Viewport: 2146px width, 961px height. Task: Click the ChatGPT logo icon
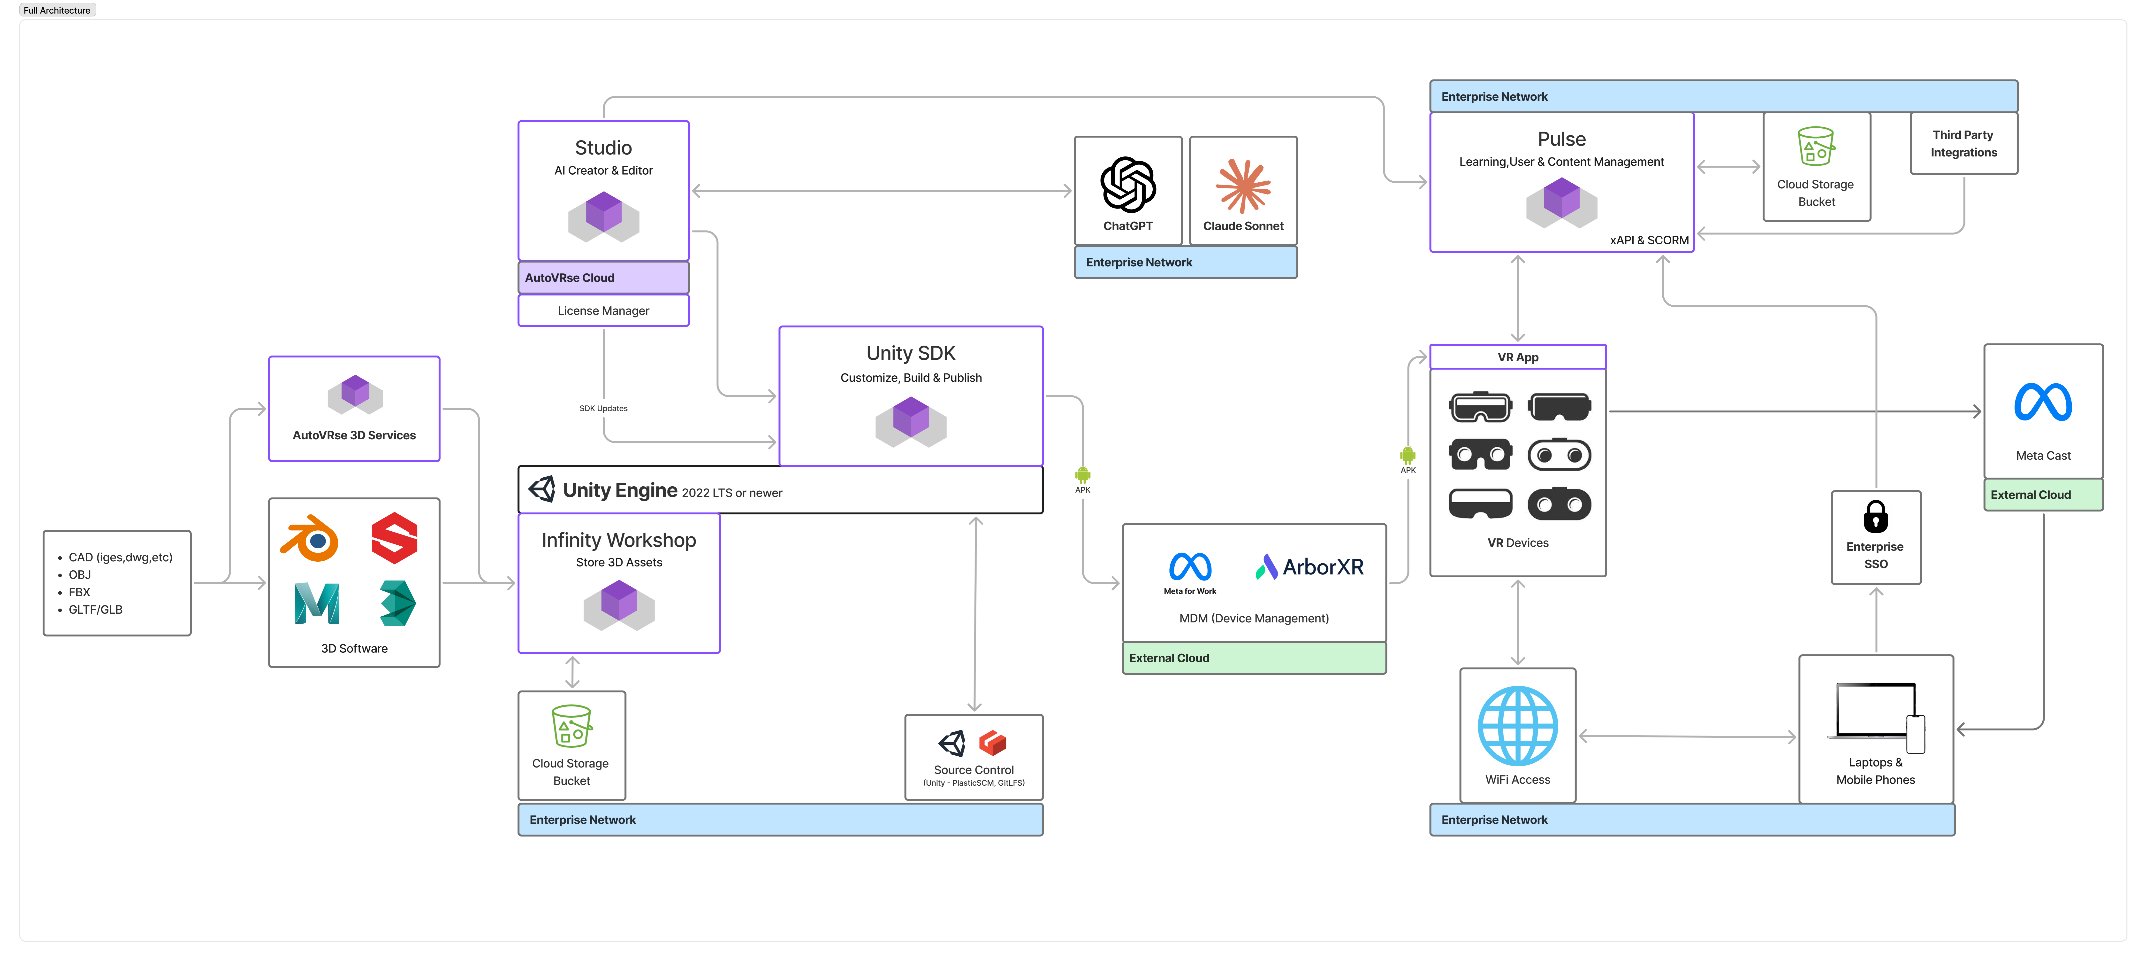(x=1128, y=185)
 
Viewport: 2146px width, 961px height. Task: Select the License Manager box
(x=603, y=310)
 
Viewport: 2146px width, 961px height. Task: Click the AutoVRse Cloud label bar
(x=603, y=278)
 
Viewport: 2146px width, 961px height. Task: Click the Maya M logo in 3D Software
(x=317, y=604)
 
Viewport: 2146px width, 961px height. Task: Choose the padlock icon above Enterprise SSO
(x=1875, y=516)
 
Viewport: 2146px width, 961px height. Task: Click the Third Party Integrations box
(x=1963, y=143)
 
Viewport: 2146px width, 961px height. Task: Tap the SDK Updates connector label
(x=603, y=408)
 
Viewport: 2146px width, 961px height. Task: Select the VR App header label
(x=1518, y=357)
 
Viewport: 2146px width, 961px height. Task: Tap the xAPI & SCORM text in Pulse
(x=1649, y=240)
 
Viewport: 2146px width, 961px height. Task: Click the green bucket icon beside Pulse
(x=1816, y=147)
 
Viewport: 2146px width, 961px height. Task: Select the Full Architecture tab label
(x=57, y=10)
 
